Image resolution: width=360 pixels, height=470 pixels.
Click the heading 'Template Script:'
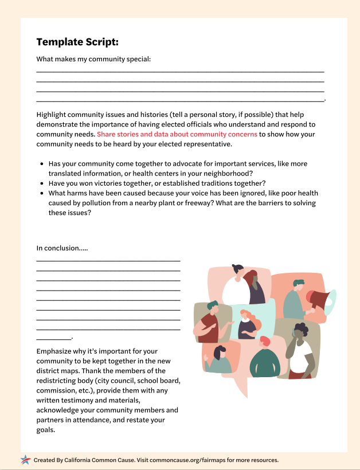[x=77, y=42]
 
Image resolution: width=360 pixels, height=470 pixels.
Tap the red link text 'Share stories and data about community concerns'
[x=177, y=134]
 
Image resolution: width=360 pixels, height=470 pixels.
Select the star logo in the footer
[x=26, y=460]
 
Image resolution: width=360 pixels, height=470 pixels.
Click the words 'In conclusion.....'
[x=62, y=248]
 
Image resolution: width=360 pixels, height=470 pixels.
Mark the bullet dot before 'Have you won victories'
[x=42, y=183]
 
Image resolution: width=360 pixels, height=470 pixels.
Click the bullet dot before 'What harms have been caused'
[x=42, y=194]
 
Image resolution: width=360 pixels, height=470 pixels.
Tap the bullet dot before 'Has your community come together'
[x=42, y=164]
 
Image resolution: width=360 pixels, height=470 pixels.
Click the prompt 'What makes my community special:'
[x=93, y=59]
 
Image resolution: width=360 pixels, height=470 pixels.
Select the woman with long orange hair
[x=247, y=324]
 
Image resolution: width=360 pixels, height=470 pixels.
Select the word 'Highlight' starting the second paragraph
[x=52, y=114]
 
